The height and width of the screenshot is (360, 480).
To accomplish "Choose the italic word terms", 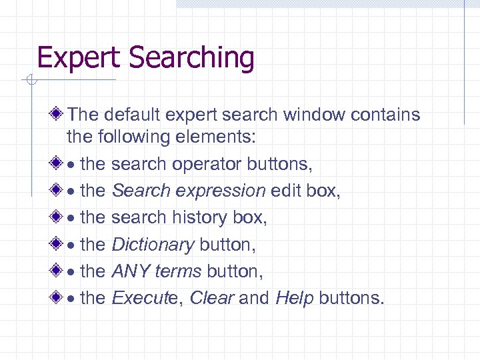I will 179,271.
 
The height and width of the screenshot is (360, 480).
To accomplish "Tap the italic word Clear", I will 212,297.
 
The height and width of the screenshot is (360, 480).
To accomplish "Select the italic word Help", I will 294,297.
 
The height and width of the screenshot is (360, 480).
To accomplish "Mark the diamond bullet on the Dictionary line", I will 59,244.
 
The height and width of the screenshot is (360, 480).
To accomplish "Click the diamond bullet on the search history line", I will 59,217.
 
